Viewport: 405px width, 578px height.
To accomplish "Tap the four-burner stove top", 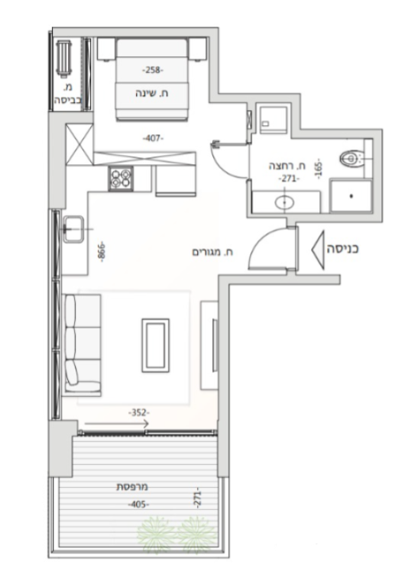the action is click(120, 179).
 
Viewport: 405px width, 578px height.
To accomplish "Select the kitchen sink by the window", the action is click(73, 229).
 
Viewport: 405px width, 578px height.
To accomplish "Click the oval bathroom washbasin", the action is click(284, 202).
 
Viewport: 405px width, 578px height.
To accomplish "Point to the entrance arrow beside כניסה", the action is click(318, 250).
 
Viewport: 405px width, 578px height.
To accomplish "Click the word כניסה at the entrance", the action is click(342, 249).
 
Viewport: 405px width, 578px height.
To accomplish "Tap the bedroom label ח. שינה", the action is click(152, 94).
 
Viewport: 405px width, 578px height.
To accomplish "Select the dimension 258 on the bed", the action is click(153, 69).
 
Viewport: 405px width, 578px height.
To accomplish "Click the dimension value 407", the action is click(153, 138).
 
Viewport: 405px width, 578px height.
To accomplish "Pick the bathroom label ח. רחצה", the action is click(288, 166).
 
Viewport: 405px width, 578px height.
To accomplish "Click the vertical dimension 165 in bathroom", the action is click(319, 170).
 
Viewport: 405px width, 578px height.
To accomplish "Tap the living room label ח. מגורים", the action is click(212, 253).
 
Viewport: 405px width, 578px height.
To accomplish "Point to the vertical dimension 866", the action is click(102, 252).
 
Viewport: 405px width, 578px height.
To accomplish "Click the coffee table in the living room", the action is click(156, 345).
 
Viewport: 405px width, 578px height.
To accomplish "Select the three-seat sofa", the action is click(83, 344).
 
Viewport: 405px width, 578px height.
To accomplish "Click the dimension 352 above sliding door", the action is click(138, 412).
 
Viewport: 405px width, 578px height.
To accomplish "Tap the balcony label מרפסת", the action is click(132, 486).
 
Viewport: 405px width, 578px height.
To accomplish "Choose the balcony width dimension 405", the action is click(138, 504).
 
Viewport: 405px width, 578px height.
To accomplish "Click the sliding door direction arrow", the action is click(117, 424).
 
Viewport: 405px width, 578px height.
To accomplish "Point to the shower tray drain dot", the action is click(351, 196).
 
